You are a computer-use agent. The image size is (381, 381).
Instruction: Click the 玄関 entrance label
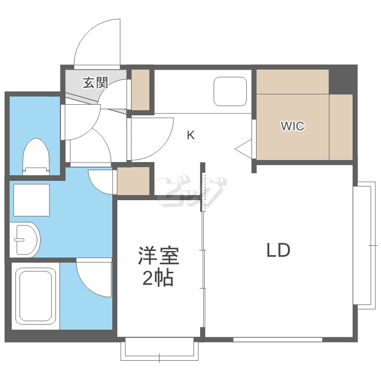click(96, 82)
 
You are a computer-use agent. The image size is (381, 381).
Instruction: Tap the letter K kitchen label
click(190, 135)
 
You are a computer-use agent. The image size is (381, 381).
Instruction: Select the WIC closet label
click(293, 126)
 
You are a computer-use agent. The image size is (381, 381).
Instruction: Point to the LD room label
click(278, 250)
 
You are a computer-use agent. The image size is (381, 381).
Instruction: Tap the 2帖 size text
click(158, 278)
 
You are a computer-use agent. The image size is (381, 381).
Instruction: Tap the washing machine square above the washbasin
click(31, 200)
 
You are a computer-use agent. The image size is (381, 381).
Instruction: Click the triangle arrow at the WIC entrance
click(244, 148)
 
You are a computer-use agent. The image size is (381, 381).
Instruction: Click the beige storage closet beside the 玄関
click(141, 89)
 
